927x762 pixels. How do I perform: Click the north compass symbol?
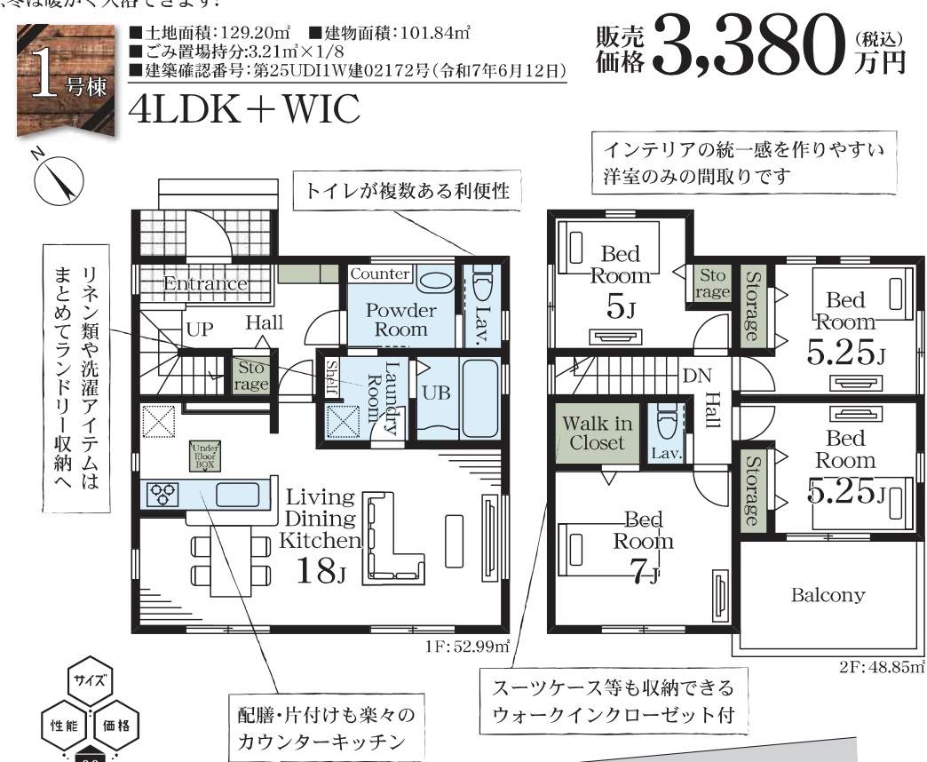(59, 181)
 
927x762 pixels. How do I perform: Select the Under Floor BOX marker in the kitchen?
(202, 456)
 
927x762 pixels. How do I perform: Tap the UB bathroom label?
(435, 393)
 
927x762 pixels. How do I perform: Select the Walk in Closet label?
(597, 433)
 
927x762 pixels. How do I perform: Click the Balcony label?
(828, 595)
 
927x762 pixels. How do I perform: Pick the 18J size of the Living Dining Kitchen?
(321, 569)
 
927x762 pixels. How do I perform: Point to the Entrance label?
(204, 283)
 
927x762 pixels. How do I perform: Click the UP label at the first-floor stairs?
(199, 329)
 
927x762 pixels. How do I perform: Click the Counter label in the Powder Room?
(380, 274)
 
